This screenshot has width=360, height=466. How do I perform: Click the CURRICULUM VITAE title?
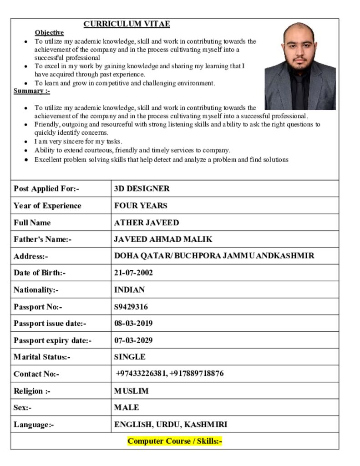point(127,24)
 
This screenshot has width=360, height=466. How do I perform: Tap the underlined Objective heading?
point(49,33)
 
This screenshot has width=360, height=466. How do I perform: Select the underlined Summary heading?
point(32,91)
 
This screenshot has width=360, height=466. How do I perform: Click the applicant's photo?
point(300,66)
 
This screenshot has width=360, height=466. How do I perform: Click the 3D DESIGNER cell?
point(142,188)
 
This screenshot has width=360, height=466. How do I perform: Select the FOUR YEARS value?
point(141,206)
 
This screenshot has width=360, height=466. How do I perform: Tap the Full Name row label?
point(32,223)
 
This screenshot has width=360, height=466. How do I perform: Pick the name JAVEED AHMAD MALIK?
point(163,239)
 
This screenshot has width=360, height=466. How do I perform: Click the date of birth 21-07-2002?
point(133,273)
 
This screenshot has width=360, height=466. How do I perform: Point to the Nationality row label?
point(36,290)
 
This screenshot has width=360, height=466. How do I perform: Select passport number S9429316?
point(131,307)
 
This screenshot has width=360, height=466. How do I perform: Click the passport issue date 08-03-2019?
point(133,324)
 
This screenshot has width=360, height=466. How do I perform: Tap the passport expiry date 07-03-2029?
point(133,340)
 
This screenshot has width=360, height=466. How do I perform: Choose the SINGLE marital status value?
point(130,357)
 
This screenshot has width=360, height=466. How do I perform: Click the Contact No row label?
point(36,374)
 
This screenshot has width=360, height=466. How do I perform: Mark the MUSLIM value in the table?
point(131,391)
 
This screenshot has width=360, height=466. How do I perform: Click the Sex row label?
point(23,408)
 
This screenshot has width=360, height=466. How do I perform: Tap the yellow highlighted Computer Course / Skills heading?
point(175,441)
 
